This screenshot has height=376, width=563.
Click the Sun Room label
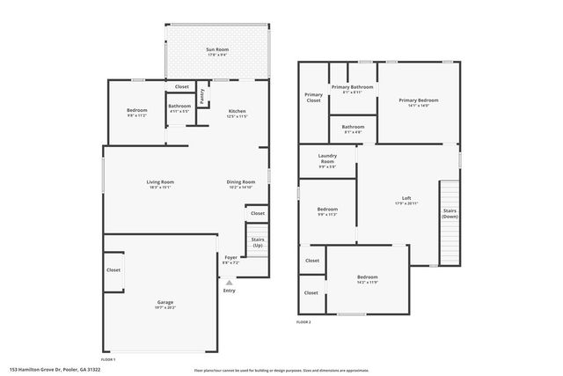[216, 50]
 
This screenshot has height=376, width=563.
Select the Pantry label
[202, 95]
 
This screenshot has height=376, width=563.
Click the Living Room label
[159, 184]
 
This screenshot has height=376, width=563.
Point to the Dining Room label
[241, 184]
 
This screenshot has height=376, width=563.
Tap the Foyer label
[230, 258]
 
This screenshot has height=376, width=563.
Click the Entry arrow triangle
[229, 283]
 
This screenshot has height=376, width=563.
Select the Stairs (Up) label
[258, 241]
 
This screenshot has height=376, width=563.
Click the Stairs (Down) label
[450, 213]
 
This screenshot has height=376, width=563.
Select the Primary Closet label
[313, 97]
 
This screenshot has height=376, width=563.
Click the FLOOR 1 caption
[109, 360]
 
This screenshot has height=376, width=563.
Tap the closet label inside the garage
[113, 270]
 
